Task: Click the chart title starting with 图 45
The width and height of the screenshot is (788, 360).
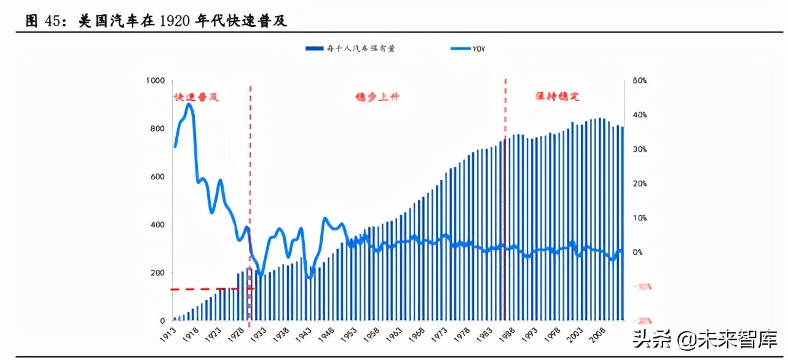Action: (157, 21)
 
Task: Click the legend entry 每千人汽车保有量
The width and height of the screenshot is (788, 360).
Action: (350, 48)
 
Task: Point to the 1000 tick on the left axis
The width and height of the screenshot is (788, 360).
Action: (156, 80)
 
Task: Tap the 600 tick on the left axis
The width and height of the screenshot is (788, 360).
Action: (157, 177)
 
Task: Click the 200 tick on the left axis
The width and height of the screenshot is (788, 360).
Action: (157, 273)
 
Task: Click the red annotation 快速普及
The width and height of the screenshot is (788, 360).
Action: (196, 98)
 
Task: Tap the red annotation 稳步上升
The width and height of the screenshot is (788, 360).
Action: (377, 97)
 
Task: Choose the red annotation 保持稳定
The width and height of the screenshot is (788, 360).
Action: (558, 97)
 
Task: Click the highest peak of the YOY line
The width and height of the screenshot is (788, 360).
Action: (189, 104)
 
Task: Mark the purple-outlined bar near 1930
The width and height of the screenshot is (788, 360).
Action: (249, 294)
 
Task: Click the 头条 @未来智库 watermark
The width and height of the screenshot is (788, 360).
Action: (713, 338)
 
